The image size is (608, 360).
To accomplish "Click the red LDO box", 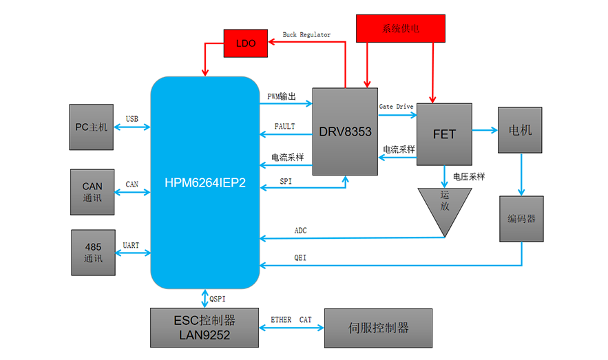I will [246, 43].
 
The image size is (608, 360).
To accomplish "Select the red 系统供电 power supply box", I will [400, 29].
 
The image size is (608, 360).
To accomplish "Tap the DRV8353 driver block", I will [345, 131].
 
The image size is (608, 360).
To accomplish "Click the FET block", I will [444, 134].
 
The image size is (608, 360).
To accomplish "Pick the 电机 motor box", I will [520, 130].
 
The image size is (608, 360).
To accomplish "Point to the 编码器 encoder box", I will [521, 219].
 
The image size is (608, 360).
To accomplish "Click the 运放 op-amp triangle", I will [445, 207].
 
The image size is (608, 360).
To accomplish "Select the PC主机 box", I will [92, 127].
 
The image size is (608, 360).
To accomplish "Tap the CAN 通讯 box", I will [92, 191].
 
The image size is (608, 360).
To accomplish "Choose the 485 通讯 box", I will [93, 253].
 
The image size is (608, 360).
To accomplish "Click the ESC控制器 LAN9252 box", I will [205, 328].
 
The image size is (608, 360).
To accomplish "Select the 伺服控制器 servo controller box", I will [379, 328].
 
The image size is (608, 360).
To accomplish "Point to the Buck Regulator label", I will [306, 34].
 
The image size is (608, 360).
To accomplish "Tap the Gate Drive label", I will [397, 107].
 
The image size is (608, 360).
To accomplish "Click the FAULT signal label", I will [284, 127].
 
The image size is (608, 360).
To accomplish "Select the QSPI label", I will [218, 299].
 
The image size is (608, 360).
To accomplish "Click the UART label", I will [131, 245].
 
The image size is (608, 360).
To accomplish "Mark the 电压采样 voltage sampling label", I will [468, 177].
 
